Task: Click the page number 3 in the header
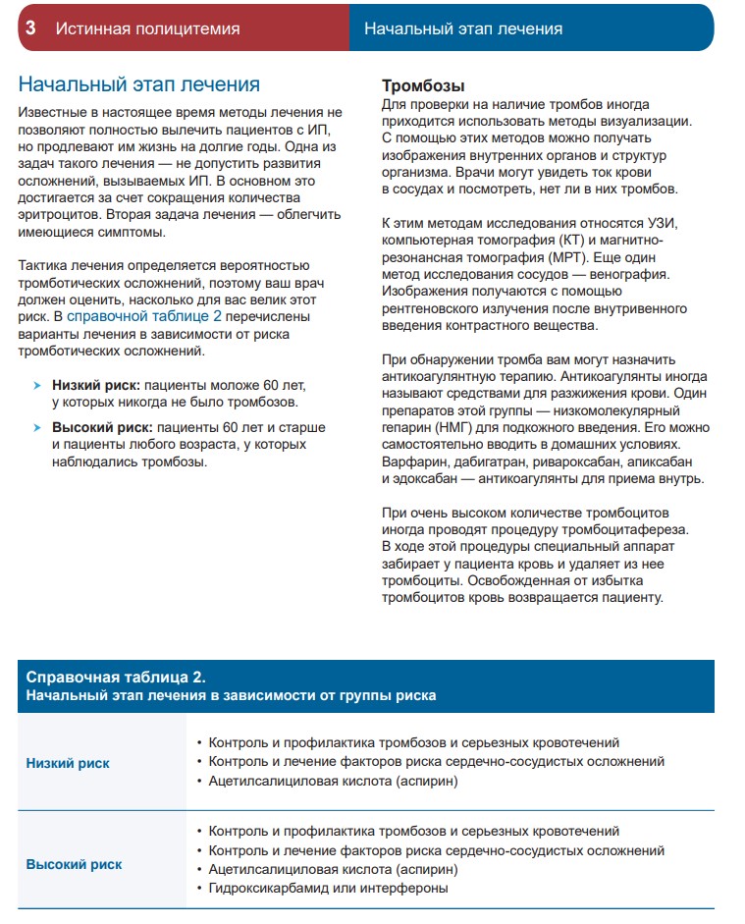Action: click(30, 28)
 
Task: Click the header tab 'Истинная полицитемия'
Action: click(147, 28)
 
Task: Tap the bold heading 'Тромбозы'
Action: click(423, 85)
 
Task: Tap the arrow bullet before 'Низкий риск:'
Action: click(37, 387)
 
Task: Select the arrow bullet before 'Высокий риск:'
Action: click(37, 429)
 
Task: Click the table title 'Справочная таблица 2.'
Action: click(115, 678)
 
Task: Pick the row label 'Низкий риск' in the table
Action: click(67, 763)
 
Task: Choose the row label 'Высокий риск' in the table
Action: click(74, 865)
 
